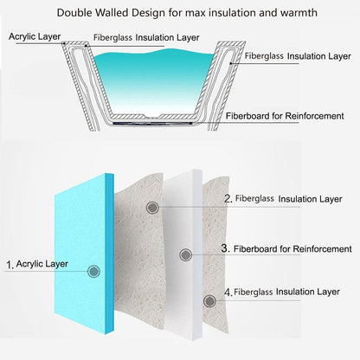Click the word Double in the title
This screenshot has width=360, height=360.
click(x=74, y=13)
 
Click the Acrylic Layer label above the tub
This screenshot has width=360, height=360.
click(x=35, y=36)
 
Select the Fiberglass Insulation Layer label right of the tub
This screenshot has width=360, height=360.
click(x=298, y=56)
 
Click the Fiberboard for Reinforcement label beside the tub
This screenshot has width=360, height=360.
click(x=285, y=116)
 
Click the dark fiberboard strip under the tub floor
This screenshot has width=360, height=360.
click(x=152, y=124)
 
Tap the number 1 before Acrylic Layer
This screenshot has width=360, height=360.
click(x=10, y=265)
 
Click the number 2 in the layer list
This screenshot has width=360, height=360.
click(x=228, y=199)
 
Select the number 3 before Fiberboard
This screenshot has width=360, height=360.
click(x=225, y=248)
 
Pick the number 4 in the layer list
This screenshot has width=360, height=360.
click(x=228, y=292)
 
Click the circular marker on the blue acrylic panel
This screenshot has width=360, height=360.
click(x=93, y=271)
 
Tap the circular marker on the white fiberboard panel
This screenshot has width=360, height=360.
click(x=185, y=254)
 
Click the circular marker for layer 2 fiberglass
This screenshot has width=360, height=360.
click(x=152, y=208)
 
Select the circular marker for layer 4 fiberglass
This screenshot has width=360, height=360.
click(x=209, y=301)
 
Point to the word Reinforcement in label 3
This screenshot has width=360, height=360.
click(x=323, y=248)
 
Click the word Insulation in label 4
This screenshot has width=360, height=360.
click(x=295, y=292)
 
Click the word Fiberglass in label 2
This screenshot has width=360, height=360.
click(x=254, y=198)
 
